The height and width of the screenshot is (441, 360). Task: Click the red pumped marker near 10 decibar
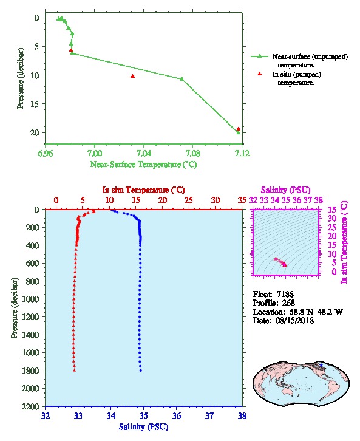[132, 76]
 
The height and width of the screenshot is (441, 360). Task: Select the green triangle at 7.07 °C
[182, 79]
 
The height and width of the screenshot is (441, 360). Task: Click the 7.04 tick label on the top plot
[144, 153]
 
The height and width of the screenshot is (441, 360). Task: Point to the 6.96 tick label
[45, 153]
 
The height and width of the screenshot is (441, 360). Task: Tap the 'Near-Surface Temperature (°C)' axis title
[143, 164]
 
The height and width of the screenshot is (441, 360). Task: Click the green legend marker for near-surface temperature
[259, 56]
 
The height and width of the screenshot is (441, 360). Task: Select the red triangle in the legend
[259, 73]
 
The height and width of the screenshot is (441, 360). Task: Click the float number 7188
[285, 294]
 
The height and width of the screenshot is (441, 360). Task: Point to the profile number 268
[288, 303]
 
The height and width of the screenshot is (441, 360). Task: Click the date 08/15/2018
[294, 320]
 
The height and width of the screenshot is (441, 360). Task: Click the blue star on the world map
[321, 365]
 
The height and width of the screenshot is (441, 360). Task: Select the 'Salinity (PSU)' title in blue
[143, 426]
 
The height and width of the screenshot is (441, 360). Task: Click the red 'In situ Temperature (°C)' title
[143, 190]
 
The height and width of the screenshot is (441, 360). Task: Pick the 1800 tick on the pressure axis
[31, 371]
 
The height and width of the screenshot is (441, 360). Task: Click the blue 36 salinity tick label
[177, 415]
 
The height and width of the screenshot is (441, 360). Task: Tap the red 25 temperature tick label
[189, 200]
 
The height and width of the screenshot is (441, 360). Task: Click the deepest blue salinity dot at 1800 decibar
[140, 371]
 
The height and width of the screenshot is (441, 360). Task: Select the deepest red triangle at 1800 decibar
[74, 370]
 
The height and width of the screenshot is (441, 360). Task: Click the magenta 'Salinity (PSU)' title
[285, 190]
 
